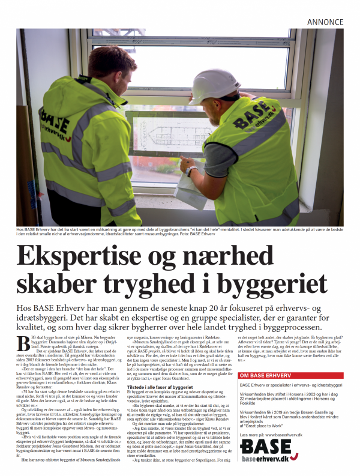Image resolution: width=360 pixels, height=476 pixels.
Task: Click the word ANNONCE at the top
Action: (x=325, y=22)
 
